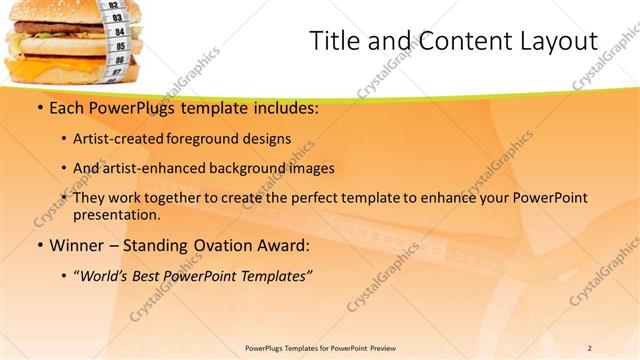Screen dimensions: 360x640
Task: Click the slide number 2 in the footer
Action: pyautogui.click(x=590, y=347)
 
